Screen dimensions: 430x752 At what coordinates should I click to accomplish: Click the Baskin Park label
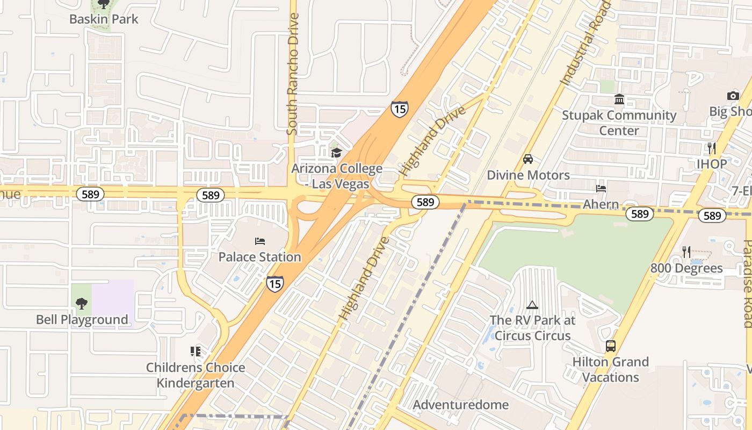(104, 19)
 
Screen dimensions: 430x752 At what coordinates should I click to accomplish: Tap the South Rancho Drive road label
(293, 74)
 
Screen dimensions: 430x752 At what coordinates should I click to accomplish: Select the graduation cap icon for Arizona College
(336, 153)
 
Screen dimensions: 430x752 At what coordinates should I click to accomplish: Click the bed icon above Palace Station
(260, 241)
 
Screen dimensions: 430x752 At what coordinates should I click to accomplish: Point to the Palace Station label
(259, 257)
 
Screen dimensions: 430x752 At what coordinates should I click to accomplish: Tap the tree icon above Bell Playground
(81, 304)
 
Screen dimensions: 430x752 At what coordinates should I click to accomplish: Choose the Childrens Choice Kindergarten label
(196, 375)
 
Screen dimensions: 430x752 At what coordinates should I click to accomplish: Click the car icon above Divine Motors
(528, 159)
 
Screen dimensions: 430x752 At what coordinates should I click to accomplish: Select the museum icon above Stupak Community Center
(619, 99)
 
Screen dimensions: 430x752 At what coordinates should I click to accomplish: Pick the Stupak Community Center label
(619, 123)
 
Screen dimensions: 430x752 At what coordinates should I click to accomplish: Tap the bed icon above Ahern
(601, 189)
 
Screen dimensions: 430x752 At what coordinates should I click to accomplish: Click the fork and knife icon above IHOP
(712, 148)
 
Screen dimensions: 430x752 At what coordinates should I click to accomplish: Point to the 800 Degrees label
(686, 268)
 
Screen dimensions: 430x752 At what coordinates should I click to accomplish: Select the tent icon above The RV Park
(532, 305)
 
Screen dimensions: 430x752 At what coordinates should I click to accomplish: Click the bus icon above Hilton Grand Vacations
(611, 346)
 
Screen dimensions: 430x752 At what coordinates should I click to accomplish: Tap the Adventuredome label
(461, 405)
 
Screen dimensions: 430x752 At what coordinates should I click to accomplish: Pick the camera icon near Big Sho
(733, 96)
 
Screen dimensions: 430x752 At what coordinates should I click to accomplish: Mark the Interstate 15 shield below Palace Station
(274, 283)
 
